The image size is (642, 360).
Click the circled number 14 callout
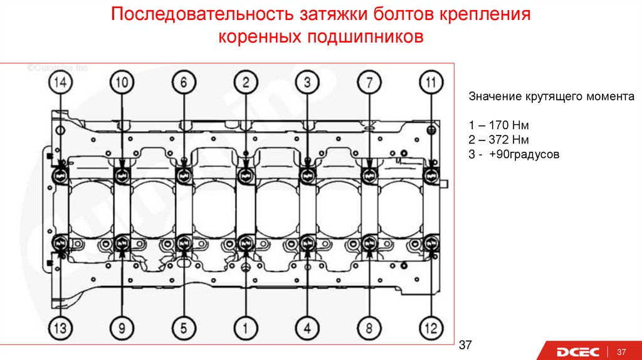click(x=60, y=82)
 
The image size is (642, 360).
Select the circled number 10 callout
click(x=122, y=82)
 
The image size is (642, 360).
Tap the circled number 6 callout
click(x=183, y=82)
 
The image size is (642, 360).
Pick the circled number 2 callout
click(x=246, y=82)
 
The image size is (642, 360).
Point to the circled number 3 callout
click(x=307, y=82)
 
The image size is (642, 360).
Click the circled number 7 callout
click(x=369, y=82)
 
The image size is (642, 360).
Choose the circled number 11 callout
click(x=431, y=82)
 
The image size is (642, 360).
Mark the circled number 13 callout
click(x=60, y=327)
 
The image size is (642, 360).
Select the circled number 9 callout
click(x=122, y=327)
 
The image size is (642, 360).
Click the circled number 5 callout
click(x=183, y=327)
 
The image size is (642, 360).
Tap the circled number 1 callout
click(x=246, y=327)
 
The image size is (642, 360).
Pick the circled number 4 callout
click(x=307, y=327)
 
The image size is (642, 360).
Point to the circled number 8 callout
click(x=369, y=327)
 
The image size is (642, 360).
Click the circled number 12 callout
click(x=431, y=327)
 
